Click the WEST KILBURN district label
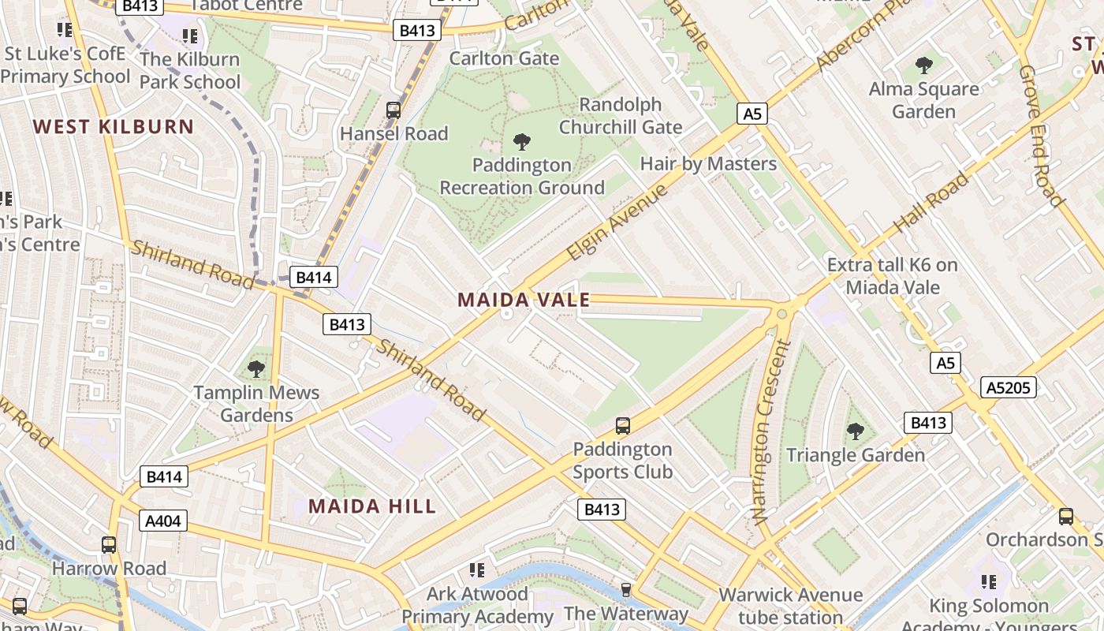pos(114,127)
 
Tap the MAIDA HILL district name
pos(372,506)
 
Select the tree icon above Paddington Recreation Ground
pos(521,143)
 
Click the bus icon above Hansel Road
pos(393,110)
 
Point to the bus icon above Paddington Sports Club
pos(622,426)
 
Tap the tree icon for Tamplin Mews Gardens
pos(256,368)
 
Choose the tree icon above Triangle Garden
pos(856,431)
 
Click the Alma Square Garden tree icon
pos(923,65)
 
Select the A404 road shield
pos(163,521)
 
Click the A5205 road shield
pos(1009,387)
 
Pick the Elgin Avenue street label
pos(617,223)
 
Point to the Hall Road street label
pos(931,203)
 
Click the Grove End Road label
pos(1040,136)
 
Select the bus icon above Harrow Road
pos(109,544)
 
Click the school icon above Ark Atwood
pos(476,569)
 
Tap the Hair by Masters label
pos(708,164)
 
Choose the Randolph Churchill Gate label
pos(621,116)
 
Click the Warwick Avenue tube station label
pos(791,606)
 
